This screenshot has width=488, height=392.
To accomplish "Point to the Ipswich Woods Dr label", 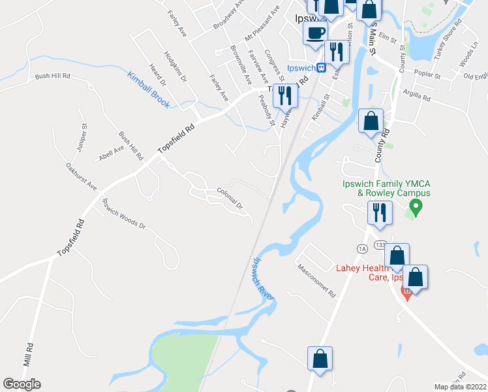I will click(x=124, y=214).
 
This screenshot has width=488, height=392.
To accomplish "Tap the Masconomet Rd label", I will click(x=316, y=280).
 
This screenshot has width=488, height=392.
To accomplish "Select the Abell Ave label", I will click(x=111, y=151).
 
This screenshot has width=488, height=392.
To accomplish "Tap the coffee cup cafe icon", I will click(x=316, y=32).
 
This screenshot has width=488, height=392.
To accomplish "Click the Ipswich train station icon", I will click(x=321, y=67).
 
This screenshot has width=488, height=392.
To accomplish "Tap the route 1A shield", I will click(x=362, y=248).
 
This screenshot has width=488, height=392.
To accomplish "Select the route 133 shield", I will click(x=380, y=244).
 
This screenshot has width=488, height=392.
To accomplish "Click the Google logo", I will click(x=22, y=384).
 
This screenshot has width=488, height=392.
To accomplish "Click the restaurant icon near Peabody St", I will click(x=285, y=95).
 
